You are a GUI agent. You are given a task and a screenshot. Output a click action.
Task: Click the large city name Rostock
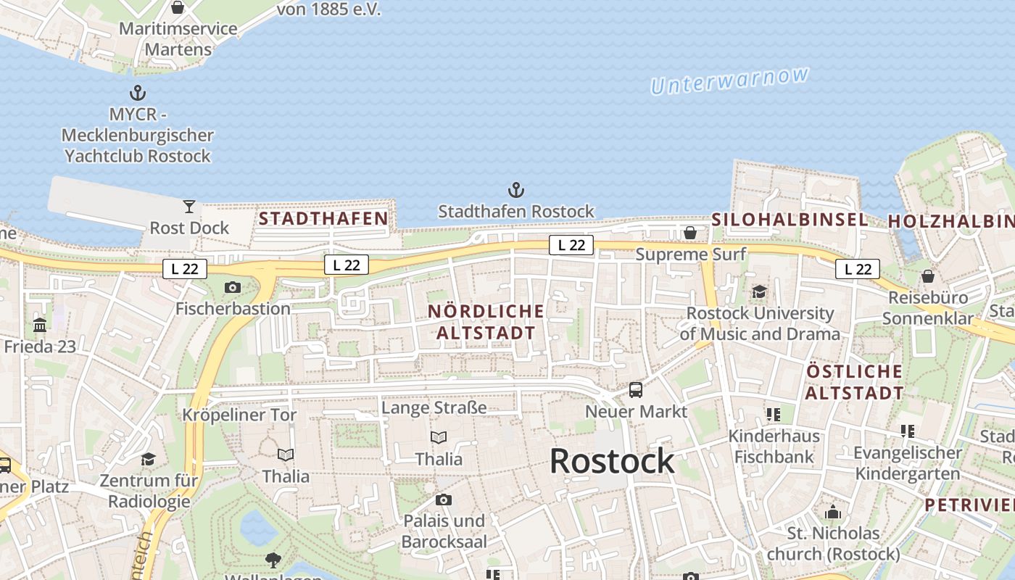(612, 461)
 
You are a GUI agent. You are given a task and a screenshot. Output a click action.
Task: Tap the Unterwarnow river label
(729, 80)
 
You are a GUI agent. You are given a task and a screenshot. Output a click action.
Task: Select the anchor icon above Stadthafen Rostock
(515, 191)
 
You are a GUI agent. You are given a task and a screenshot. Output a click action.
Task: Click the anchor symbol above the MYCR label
(137, 93)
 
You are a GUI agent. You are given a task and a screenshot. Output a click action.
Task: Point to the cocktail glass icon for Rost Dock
(189, 207)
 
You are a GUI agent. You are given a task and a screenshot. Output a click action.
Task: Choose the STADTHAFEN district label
(323, 218)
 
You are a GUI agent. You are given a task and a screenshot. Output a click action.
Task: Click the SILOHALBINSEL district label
(790, 220)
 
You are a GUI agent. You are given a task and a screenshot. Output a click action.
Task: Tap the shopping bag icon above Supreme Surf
(690, 233)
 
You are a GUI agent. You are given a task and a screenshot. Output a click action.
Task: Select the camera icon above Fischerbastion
(233, 287)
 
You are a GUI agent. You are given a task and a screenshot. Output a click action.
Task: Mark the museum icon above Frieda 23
(40, 325)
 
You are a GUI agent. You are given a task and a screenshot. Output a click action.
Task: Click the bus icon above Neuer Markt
(636, 390)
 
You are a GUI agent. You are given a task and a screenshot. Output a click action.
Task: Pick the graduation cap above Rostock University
(759, 291)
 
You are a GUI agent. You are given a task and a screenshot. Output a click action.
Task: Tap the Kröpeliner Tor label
(239, 415)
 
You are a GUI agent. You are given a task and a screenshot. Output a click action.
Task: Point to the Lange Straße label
(434, 407)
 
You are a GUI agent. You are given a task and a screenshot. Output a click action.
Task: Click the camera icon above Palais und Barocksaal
(444, 500)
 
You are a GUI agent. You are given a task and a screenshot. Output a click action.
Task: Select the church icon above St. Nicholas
(833, 512)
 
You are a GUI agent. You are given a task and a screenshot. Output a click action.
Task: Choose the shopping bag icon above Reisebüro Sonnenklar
(928, 276)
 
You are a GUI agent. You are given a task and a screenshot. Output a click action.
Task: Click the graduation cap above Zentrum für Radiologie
(149, 459)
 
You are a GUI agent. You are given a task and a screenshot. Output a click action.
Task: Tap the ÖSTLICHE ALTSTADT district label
(855, 382)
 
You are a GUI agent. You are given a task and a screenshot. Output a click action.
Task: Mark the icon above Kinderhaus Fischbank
(774, 415)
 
